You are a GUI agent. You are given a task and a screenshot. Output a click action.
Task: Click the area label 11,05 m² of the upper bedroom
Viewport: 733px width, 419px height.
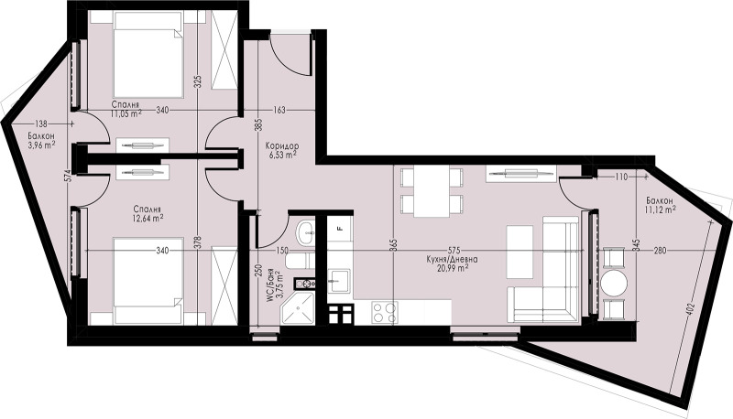(x=126, y=114)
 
